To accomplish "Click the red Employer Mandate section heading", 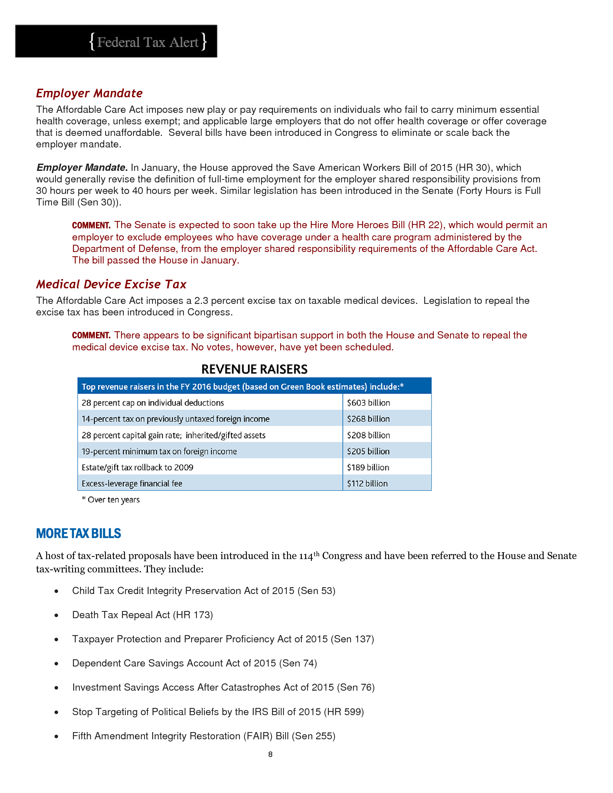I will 89,93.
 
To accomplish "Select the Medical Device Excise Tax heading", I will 111,284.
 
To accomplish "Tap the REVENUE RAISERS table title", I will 254,369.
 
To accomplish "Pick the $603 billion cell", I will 368,403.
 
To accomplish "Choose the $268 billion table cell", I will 368,419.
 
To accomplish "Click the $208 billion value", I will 368,435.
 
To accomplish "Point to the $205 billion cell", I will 368,451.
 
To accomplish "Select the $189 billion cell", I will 368,468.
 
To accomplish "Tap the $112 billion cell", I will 367,484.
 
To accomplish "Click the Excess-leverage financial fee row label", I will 132,484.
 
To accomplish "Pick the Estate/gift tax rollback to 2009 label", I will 137,468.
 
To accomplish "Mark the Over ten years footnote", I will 111,500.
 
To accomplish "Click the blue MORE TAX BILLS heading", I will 79,533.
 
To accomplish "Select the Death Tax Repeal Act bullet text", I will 142,615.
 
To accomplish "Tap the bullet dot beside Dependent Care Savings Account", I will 56,664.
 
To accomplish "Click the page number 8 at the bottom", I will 270,754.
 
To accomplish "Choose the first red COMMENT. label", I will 91,226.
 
